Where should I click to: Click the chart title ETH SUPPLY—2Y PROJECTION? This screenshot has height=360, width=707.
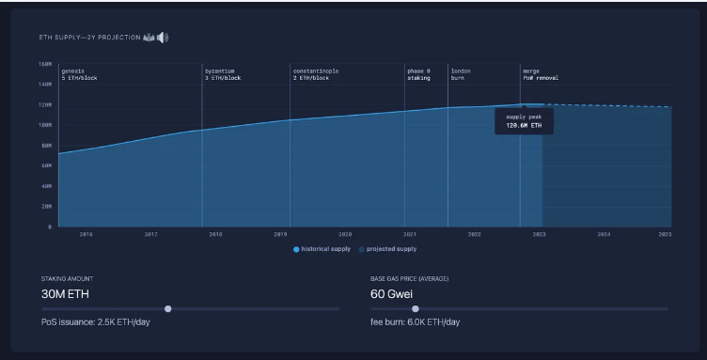[88, 38]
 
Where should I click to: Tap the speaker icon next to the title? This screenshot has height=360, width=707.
[163, 38]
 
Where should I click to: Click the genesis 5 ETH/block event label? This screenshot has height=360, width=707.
[79, 74]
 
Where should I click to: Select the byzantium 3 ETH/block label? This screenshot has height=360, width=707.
[223, 74]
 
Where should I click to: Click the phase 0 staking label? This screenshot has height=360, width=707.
[419, 74]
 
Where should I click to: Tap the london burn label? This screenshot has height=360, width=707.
[462, 74]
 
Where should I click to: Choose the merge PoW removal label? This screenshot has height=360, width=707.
[541, 74]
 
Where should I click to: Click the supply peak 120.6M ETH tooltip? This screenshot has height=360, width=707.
[524, 120]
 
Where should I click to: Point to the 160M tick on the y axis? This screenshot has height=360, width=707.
[45, 65]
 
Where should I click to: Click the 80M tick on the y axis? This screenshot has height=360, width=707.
[46, 146]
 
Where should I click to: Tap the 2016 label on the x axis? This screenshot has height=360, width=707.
[86, 233]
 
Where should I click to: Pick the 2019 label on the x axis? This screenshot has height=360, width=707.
[280, 233]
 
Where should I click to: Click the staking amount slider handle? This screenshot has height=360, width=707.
[167, 308]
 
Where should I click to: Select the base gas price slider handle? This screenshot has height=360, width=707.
[416, 308]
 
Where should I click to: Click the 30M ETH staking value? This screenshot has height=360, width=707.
[65, 293]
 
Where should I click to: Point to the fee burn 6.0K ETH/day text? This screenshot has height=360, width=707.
[415, 322]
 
